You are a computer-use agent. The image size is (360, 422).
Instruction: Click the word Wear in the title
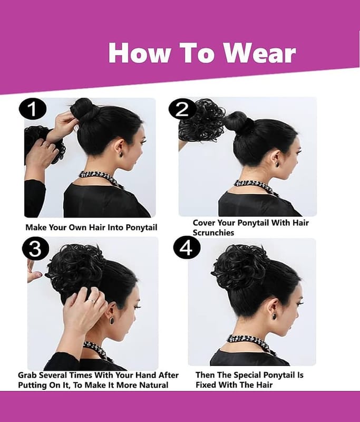260,53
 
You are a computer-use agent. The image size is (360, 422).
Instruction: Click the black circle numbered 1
33,109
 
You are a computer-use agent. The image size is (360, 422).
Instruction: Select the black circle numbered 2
182,110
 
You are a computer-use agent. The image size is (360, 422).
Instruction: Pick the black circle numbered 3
35,248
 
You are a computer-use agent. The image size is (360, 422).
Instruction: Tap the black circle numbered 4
187,247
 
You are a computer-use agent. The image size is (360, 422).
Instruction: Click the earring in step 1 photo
120,154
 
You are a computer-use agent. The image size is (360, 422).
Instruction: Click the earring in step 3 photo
112,321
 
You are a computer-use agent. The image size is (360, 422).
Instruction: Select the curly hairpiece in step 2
202,121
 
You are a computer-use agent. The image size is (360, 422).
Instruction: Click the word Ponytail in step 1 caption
141,228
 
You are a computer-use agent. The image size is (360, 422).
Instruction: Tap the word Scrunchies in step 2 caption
213,233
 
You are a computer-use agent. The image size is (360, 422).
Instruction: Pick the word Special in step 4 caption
247,375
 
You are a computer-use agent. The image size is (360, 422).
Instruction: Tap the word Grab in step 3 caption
27,375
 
